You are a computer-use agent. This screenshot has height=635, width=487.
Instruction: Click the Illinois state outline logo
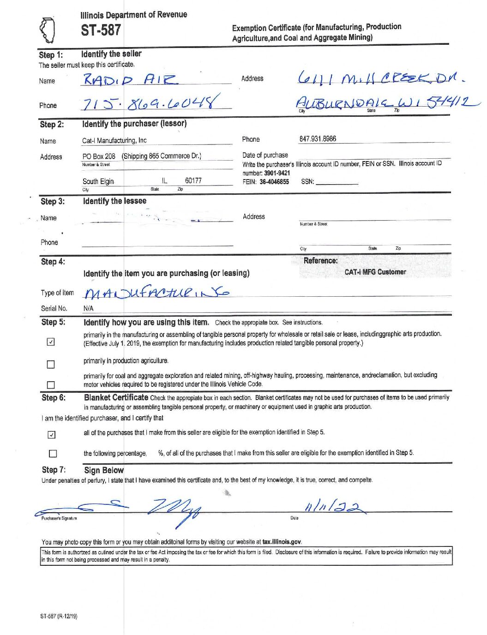tap(47, 30)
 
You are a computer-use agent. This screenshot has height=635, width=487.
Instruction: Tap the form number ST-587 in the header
tap(101, 30)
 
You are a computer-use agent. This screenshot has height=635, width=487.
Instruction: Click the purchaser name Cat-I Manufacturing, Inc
tap(114, 140)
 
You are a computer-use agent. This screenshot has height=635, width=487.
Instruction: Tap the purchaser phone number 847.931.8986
tap(318, 138)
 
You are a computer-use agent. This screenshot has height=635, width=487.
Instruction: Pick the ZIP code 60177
tap(193, 180)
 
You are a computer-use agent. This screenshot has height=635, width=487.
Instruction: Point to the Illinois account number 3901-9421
tap(277, 173)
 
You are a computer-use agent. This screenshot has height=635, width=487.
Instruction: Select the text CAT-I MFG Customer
tap(375, 272)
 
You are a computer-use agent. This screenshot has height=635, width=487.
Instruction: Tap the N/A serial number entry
tap(88, 308)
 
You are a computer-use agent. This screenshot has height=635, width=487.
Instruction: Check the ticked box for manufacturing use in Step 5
tap(51, 342)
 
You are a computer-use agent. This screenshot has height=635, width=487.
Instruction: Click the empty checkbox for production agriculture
tap(51, 365)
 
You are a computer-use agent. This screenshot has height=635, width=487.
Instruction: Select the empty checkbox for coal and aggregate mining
tap(51, 385)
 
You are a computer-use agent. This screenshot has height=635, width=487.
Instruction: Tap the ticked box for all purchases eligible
tap(52, 435)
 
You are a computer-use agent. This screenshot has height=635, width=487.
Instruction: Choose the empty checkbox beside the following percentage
tap(53, 454)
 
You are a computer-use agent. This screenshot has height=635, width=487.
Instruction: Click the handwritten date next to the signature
tap(333, 508)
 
